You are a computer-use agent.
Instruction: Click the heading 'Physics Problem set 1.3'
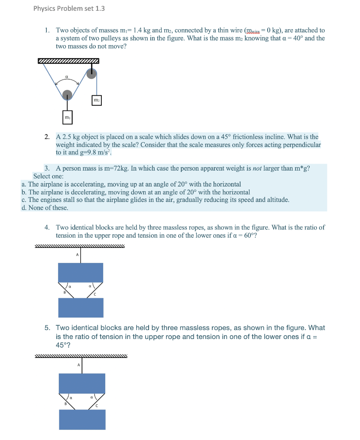click(x=69, y=9)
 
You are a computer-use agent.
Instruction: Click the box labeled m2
click(x=97, y=101)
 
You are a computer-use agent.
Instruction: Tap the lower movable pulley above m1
click(x=67, y=95)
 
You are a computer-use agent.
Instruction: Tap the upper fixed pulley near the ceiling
click(x=92, y=73)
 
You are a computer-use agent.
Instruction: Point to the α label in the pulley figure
click(x=66, y=77)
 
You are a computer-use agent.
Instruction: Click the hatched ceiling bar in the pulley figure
click(x=68, y=61)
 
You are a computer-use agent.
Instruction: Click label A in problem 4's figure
click(x=77, y=254)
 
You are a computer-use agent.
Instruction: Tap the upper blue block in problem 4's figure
click(x=81, y=272)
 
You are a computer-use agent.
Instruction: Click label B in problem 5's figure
click(x=66, y=403)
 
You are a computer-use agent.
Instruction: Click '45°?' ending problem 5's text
click(x=63, y=345)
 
